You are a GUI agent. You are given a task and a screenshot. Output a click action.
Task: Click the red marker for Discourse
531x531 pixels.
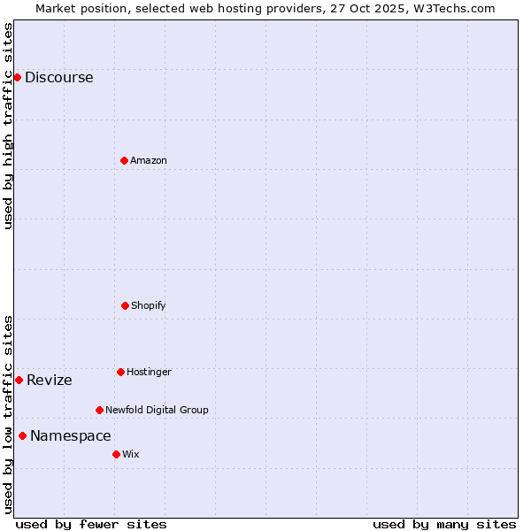(17, 77)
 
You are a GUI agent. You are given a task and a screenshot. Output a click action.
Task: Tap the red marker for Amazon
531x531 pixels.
(124, 160)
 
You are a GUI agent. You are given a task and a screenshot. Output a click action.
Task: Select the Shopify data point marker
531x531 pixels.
(125, 305)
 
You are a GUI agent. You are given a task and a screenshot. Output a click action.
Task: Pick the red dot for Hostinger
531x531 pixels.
(120, 372)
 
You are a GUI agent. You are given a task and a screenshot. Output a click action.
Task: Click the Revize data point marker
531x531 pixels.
(19, 380)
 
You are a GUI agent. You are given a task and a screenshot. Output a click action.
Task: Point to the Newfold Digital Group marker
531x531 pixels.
(99, 410)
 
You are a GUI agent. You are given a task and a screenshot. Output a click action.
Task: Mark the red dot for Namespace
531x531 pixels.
(22, 435)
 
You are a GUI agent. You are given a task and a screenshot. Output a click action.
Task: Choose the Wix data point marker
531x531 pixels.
(116, 454)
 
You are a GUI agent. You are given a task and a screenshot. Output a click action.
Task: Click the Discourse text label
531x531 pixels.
(58, 77)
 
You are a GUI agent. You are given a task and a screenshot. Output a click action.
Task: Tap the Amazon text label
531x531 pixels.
(149, 160)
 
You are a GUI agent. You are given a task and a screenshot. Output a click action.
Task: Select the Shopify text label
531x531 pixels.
(149, 305)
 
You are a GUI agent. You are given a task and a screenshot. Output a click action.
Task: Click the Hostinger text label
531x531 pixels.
(149, 372)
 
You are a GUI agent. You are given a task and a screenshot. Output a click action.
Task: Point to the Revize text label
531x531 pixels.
(50, 381)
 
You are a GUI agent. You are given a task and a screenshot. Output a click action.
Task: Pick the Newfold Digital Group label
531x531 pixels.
(157, 410)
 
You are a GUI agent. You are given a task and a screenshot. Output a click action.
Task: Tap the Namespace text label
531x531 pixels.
(71, 435)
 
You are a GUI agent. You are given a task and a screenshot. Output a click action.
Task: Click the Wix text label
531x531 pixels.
(131, 454)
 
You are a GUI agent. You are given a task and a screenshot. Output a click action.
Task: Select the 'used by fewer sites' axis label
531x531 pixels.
(91, 524)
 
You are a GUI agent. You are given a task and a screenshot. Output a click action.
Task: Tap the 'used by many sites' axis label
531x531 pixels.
(444, 524)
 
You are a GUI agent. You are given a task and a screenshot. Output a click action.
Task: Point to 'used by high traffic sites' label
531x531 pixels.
(8, 126)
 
